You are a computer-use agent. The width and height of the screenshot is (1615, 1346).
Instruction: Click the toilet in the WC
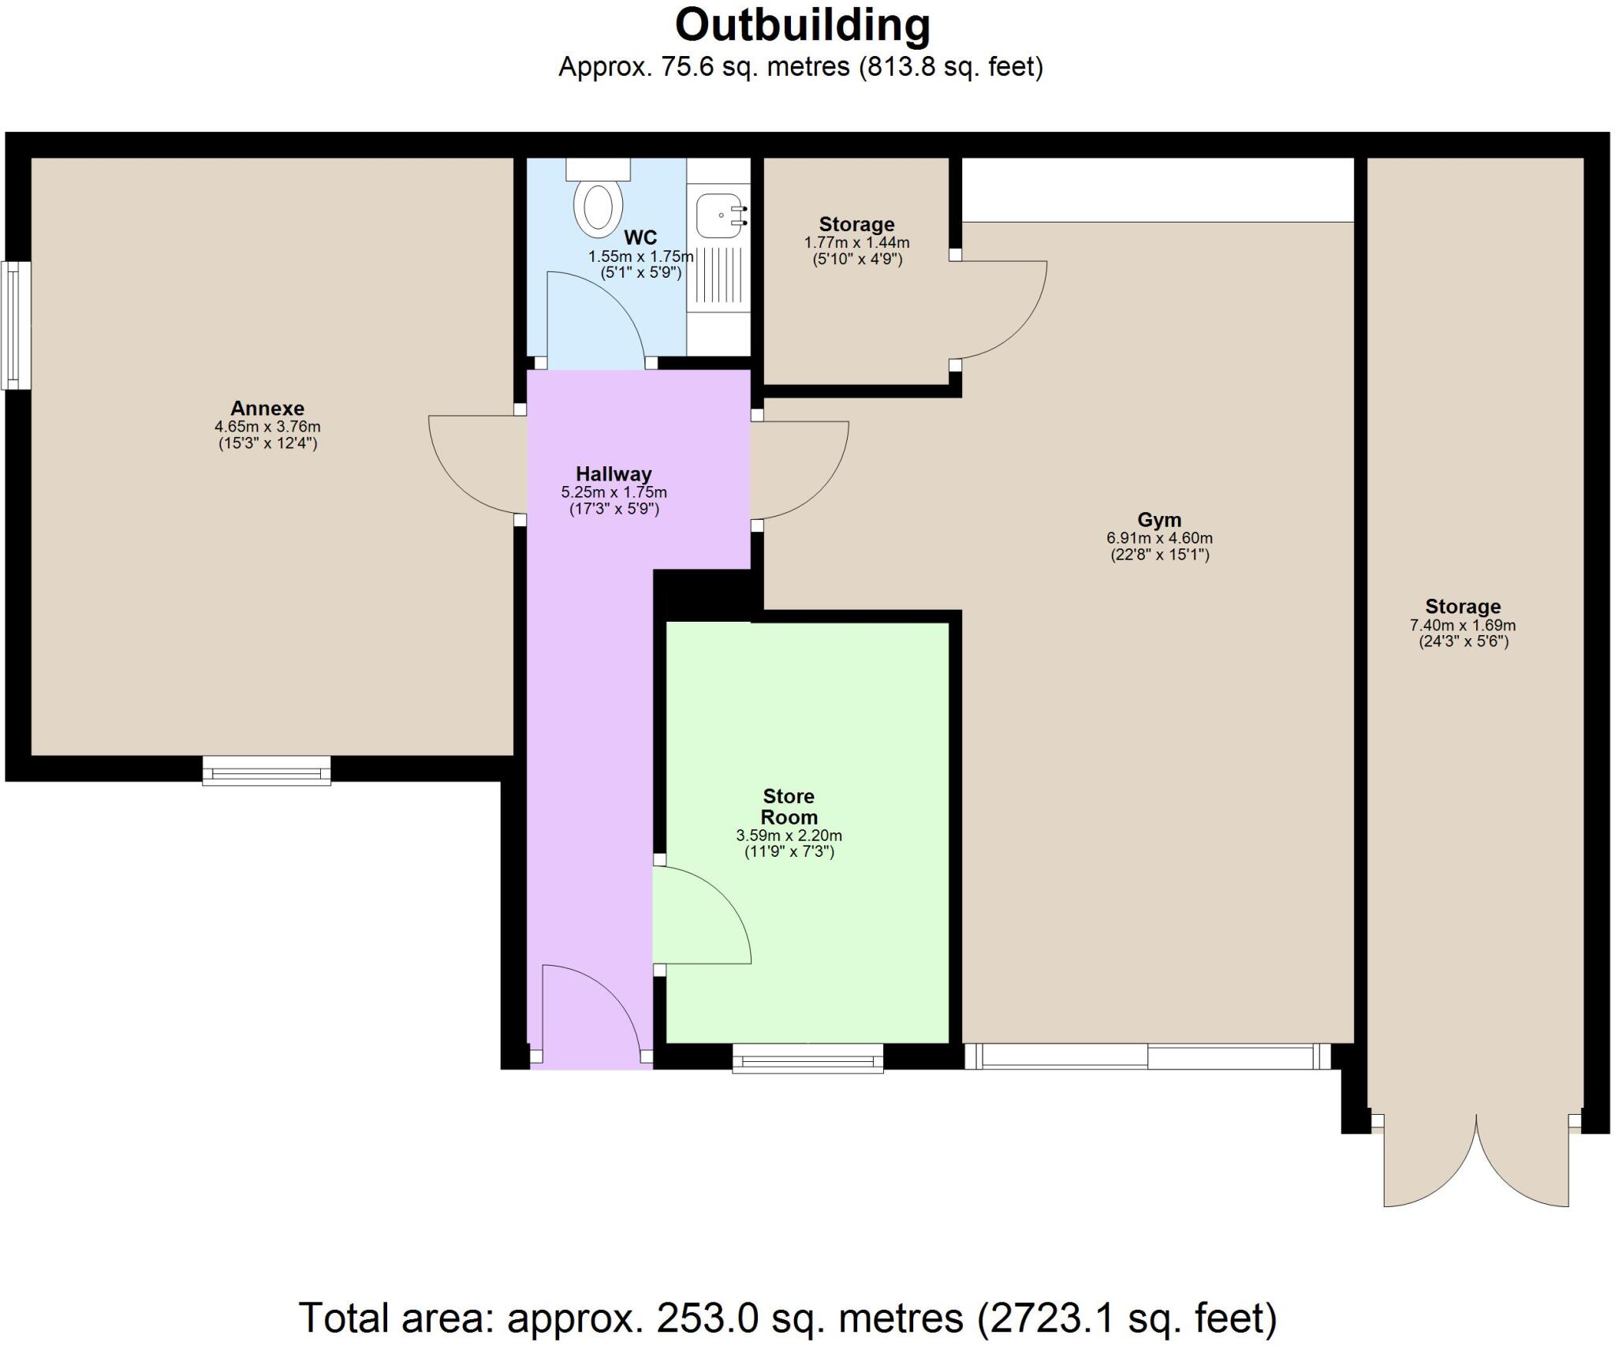(598, 207)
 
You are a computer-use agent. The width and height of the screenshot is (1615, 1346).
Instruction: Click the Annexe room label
(267, 408)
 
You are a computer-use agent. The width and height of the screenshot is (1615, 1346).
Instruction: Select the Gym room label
(1159, 520)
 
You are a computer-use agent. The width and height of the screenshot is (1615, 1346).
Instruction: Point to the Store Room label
(789, 806)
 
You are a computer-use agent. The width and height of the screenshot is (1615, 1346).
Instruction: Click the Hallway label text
(614, 474)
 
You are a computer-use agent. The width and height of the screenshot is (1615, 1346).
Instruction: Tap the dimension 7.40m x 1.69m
(1463, 625)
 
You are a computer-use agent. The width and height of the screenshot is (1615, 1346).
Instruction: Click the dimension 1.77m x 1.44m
(856, 243)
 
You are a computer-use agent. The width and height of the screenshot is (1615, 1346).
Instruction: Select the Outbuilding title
(802, 25)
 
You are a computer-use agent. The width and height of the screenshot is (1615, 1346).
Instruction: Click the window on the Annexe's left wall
(14, 325)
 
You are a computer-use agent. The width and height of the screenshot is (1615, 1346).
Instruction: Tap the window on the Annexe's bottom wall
(267, 771)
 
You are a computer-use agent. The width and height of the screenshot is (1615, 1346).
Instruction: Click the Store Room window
(807, 1058)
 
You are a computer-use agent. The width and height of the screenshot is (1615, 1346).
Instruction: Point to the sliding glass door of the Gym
(1147, 1056)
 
